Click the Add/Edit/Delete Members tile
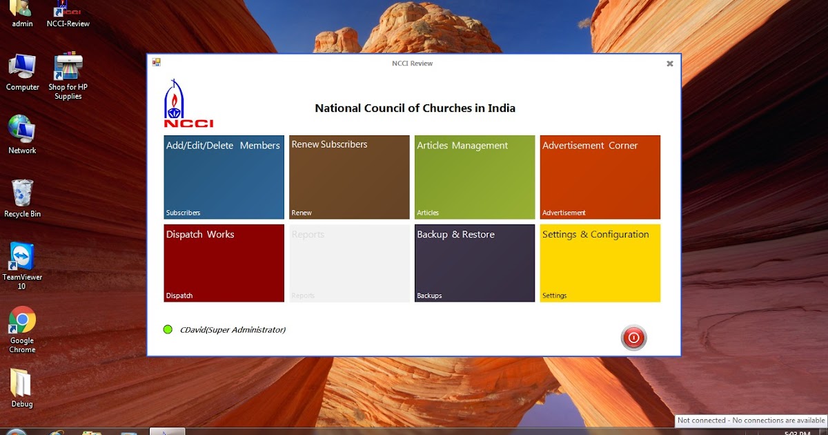click(224, 177)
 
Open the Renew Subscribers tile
click(349, 177)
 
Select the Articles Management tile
click(475, 177)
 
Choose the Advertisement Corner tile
click(600, 177)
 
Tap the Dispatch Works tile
click(224, 263)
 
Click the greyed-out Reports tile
click(349, 263)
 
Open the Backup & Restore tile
click(475, 263)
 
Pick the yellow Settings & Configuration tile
click(600, 263)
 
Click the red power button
click(633, 338)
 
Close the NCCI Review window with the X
click(669, 64)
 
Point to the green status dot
click(168, 329)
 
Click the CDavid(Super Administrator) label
click(233, 330)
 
